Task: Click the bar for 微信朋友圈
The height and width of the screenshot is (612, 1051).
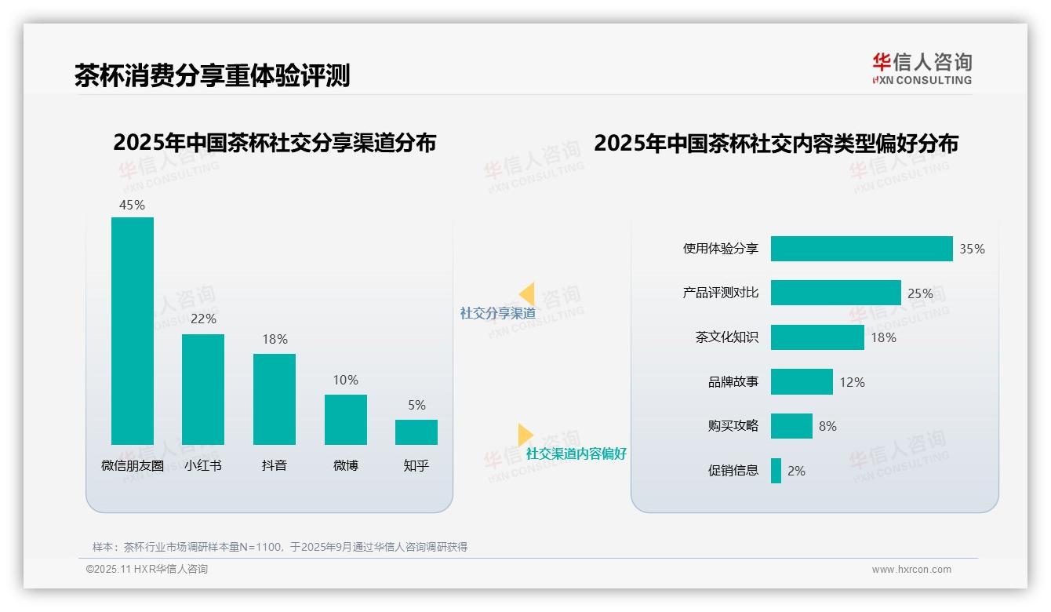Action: [133, 331]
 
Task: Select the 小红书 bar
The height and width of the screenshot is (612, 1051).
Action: [203, 389]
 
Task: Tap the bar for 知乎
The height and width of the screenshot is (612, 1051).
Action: [416, 432]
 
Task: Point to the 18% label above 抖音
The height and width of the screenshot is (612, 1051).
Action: [275, 339]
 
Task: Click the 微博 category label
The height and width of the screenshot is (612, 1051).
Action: [346, 465]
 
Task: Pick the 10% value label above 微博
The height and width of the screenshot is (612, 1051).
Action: [345, 380]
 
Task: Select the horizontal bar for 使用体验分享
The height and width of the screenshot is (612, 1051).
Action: [861, 249]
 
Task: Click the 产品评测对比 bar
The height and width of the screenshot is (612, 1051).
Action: [835, 293]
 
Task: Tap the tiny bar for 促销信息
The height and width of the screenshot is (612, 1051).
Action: [776, 471]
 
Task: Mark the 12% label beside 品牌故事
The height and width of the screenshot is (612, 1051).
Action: [852, 382]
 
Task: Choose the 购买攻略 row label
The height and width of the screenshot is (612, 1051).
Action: [733, 426]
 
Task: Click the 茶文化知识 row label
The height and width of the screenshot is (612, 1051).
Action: [727, 337]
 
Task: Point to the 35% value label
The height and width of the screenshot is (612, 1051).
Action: [972, 249]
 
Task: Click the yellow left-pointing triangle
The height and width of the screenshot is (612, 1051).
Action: [527, 293]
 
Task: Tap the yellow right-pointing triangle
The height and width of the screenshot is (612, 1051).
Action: [525, 435]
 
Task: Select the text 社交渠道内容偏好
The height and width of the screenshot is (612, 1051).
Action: [576, 454]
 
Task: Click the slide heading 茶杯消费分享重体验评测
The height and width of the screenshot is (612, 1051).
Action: [212, 75]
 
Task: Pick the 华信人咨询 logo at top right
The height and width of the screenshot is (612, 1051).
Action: [922, 68]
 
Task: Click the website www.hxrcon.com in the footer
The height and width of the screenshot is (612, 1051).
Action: [911, 570]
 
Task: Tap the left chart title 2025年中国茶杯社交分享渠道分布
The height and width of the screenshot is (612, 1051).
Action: [275, 143]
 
